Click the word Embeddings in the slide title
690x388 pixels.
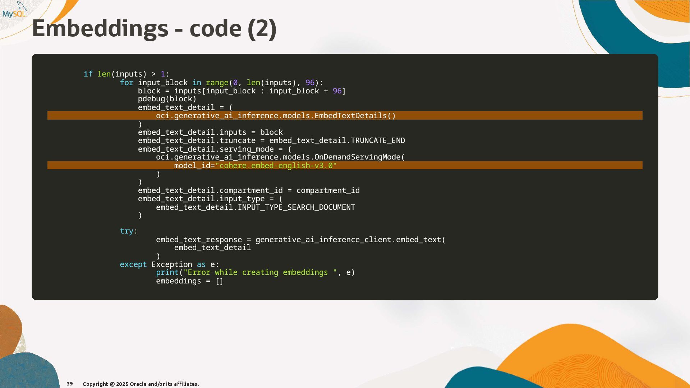(x=100, y=29)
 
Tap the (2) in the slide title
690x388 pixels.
(x=262, y=29)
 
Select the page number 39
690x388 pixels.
(x=70, y=384)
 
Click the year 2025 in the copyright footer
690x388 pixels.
(x=122, y=384)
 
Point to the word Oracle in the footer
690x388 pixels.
(x=138, y=384)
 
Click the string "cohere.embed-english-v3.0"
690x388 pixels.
(x=276, y=166)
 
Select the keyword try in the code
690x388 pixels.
(x=126, y=231)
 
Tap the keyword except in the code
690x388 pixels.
(x=133, y=264)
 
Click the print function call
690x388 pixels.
(x=167, y=273)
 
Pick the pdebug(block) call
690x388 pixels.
(x=167, y=99)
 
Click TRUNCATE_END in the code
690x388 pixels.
(x=378, y=140)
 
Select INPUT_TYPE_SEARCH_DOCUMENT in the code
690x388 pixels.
(x=296, y=207)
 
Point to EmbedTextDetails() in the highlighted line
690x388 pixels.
(x=355, y=116)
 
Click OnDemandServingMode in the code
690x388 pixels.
(x=357, y=157)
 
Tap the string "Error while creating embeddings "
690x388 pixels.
(x=260, y=273)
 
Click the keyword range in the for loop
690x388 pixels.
(x=217, y=83)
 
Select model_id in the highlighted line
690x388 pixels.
(x=192, y=166)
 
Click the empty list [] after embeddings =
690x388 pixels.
(x=219, y=281)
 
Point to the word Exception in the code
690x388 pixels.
(x=172, y=264)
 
